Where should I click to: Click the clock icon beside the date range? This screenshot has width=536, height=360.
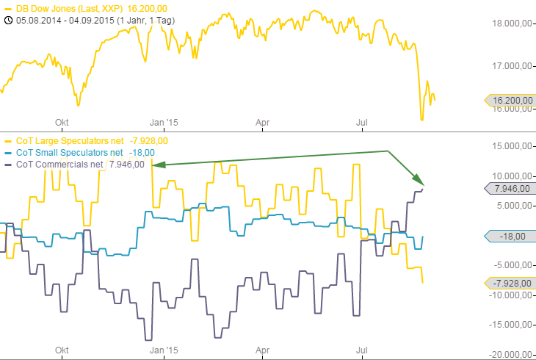8,19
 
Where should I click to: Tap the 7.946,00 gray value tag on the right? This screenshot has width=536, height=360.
508,189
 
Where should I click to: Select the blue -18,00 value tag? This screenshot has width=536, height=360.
508,237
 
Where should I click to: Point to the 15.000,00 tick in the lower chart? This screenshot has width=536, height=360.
513,146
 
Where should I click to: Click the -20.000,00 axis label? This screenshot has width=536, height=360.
511,354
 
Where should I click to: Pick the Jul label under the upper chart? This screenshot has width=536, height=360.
361,123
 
